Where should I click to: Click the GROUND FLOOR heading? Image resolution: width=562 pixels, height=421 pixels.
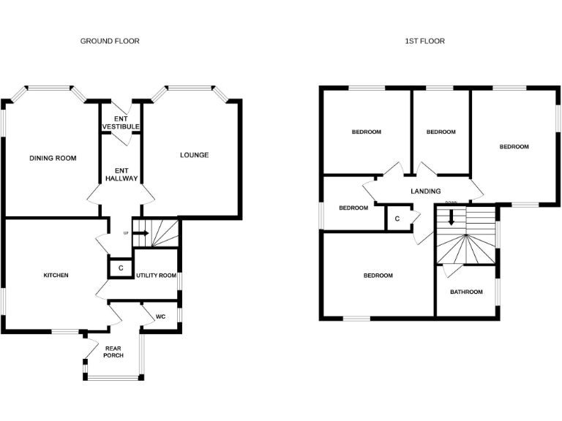(110, 41)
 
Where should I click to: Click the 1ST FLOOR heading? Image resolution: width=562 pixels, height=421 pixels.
(424, 41)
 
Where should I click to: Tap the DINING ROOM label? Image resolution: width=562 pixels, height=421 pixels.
(53, 158)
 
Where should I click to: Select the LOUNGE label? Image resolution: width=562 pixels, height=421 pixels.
(195, 155)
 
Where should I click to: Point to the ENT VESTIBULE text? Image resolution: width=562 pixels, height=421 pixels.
(121, 123)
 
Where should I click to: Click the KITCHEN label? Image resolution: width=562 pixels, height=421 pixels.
(56, 276)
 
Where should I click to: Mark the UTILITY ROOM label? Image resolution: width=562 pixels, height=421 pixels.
(156, 276)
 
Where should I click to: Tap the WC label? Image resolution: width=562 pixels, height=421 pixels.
(161, 317)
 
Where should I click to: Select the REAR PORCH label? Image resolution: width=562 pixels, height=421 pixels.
(113, 352)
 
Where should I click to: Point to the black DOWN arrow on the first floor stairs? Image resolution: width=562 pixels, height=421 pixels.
(452, 217)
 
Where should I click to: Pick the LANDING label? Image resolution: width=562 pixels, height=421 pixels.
(425, 191)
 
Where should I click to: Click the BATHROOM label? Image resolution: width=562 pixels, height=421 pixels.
(466, 292)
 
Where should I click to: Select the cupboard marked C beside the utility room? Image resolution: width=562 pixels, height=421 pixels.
(120, 268)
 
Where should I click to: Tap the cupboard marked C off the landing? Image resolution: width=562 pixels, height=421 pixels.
(397, 219)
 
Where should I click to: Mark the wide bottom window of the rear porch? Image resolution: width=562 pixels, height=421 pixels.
(113, 377)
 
